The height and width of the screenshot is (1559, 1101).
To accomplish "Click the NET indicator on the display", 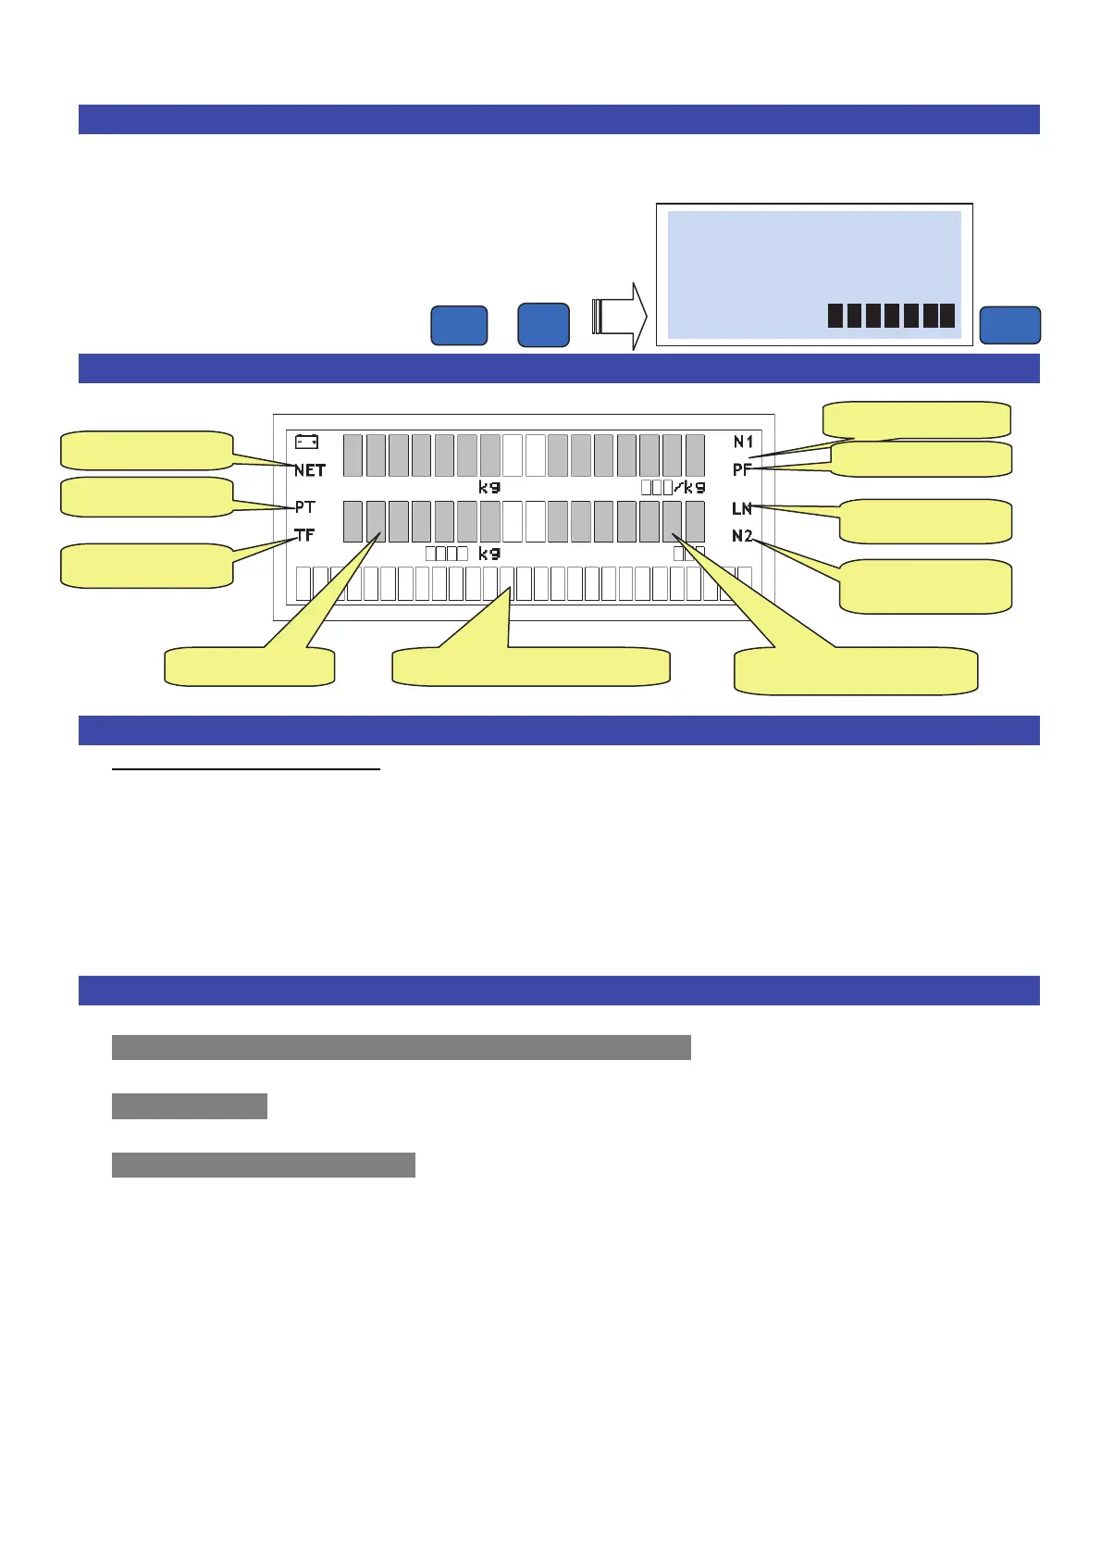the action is [x=310, y=470].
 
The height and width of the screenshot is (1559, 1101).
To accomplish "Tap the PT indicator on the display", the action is [x=305, y=507].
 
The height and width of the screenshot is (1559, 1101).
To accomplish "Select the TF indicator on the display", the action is [x=304, y=535].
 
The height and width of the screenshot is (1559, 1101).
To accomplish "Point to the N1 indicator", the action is [x=743, y=443].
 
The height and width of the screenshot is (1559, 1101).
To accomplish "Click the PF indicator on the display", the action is [x=742, y=470].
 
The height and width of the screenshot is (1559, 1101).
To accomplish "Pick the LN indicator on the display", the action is [x=742, y=508].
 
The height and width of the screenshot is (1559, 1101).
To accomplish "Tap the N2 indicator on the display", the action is [x=742, y=536].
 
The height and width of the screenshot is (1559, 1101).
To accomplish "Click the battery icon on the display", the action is [x=307, y=443].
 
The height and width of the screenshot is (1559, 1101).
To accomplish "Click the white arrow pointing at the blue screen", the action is [x=619, y=316].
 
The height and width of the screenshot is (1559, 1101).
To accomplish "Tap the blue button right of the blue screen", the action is [x=1009, y=325].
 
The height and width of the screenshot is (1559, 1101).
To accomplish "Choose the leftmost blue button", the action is [x=459, y=325].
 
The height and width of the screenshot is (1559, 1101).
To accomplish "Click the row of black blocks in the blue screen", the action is [x=890, y=316].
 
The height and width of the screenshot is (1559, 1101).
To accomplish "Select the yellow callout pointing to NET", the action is [x=146, y=450].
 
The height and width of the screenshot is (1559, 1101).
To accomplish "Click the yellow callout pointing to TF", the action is [x=146, y=565].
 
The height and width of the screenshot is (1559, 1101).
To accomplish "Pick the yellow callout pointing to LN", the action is [x=925, y=521].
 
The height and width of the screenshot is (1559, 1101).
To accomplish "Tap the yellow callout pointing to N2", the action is [x=925, y=586].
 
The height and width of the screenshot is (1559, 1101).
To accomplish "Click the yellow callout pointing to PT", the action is [x=146, y=496].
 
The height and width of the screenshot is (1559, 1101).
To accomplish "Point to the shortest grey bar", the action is [x=190, y=1106].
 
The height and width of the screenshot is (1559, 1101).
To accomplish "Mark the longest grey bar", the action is [x=401, y=1047].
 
